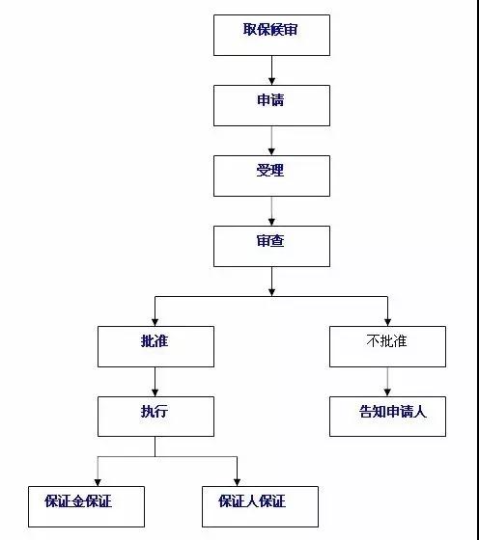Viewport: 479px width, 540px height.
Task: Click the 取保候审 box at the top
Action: (x=271, y=35)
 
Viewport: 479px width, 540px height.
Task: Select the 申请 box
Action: (x=271, y=105)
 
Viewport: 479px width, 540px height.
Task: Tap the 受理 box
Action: (x=271, y=175)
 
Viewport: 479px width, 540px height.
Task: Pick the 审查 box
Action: (x=271, y=246)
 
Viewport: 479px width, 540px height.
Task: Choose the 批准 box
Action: (x=155, y=346)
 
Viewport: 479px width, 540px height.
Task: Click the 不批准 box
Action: (x=387, y=346)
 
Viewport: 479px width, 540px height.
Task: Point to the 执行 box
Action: (x=155, y=416)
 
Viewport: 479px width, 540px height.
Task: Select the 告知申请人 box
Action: (x=387, y=416)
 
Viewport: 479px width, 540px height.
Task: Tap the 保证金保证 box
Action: (x=86, y=505)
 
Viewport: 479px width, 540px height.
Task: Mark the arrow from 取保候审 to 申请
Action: (x=271, y=69)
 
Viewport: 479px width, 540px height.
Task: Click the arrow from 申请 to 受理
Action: (x=271, y=140)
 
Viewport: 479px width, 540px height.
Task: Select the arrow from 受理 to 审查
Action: (x=271, y=210)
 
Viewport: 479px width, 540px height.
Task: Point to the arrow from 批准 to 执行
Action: (x=155, y=381)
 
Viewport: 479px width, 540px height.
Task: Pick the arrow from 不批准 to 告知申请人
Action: (x=387, y=381)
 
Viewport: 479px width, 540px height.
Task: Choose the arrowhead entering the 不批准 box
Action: (x=387, y=321)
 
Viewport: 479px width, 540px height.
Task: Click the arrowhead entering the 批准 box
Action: (x=155, y=321)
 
